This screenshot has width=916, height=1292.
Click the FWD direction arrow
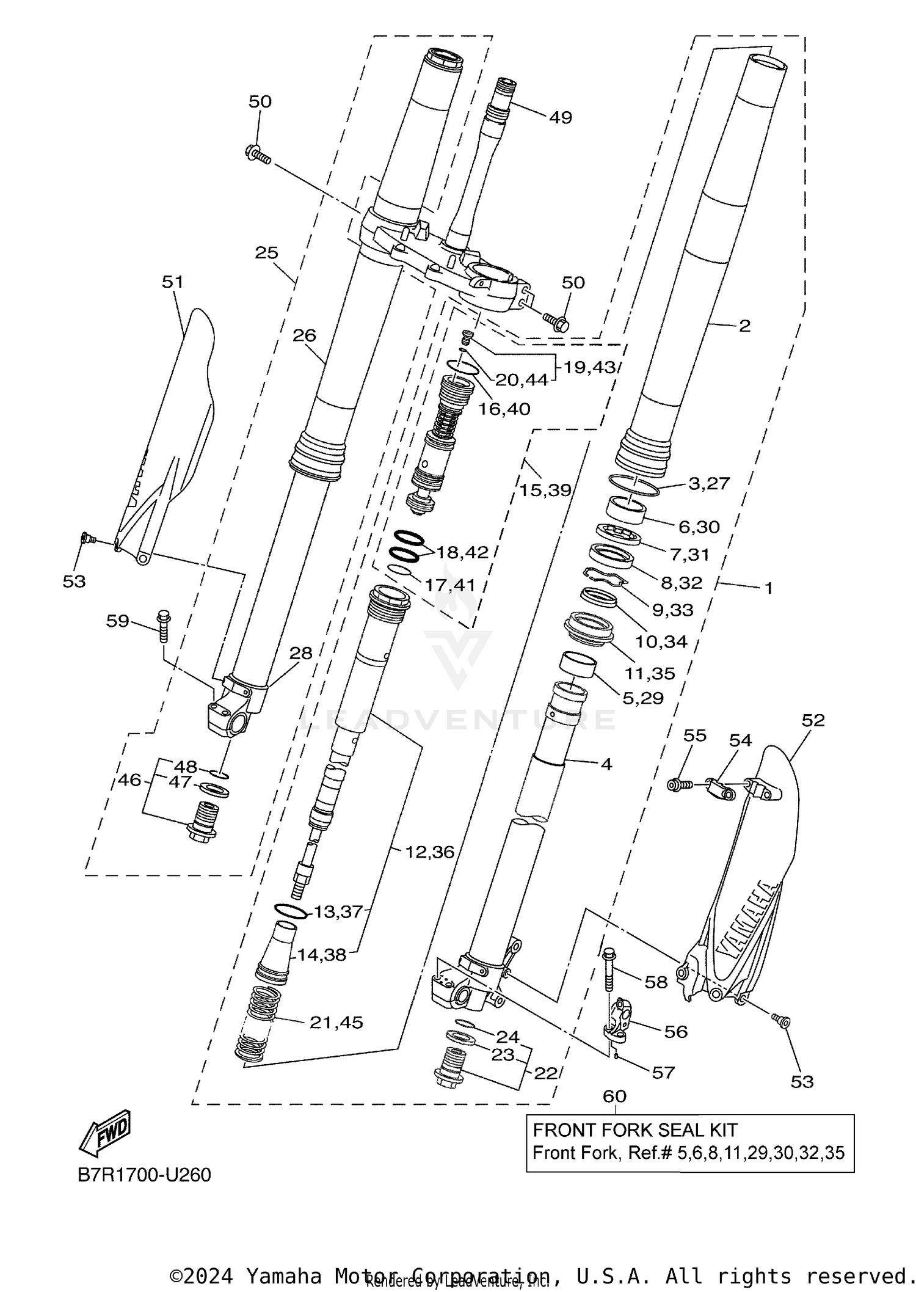(x=105, y=1132)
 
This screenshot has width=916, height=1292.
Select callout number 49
(x=560, y=117)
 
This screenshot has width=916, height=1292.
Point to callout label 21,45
(x=336, y=1022)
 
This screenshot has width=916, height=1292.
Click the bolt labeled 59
(x=164, y=625)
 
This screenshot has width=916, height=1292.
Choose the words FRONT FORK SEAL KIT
(x=634, y=1130)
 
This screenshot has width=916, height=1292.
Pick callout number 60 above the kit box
(x=614, y=1095)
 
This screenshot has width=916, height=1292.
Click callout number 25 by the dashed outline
(x=266, y=252)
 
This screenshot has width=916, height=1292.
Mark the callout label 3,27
(x=708, y=483)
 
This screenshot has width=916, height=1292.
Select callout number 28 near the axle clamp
(x=300, y=652)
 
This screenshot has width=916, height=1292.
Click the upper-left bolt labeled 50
(x=258, y=153)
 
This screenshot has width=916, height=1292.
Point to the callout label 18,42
(x=462, y=552)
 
